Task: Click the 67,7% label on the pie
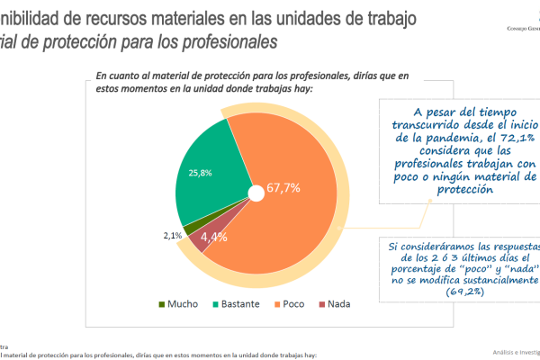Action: tap(283, 189)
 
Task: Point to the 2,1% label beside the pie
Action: tap(173, 236)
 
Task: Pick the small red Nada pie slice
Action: tap(200, 239)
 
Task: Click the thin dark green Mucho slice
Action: tap(189, 228)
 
